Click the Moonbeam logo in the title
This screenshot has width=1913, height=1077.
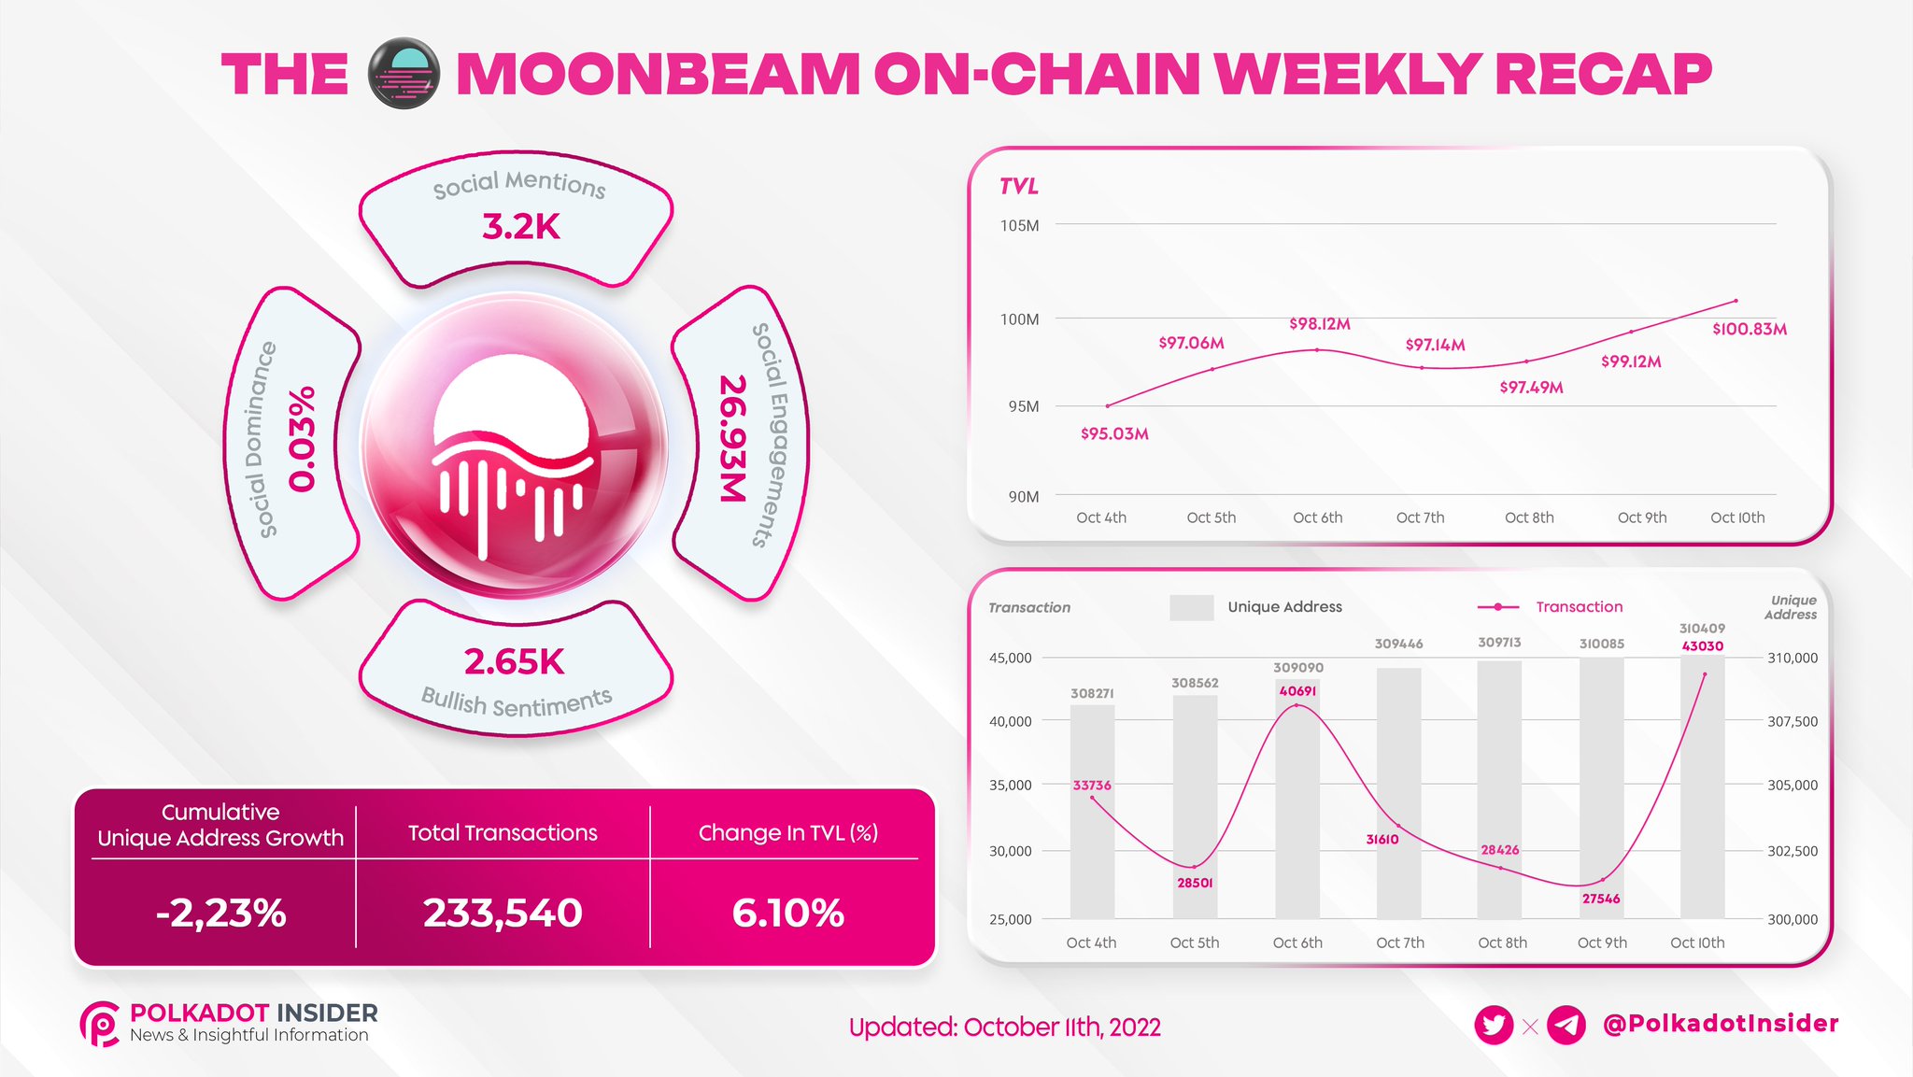click(404, 74)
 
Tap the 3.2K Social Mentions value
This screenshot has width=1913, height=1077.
click(520, 226)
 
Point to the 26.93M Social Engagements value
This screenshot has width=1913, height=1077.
click(734, 438)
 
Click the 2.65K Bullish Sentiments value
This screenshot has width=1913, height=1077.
click(515, 661)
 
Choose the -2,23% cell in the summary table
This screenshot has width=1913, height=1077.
click(220, 913)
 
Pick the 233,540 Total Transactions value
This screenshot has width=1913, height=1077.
click(503, 913)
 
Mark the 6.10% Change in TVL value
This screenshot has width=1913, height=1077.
click(787, 913)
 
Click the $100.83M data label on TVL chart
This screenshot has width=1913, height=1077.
click(1749, 329)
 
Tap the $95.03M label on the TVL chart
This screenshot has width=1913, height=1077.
click(1114, 433)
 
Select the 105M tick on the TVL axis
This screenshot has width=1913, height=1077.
click(1019, 225)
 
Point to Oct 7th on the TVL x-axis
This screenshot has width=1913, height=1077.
click(1420, 517)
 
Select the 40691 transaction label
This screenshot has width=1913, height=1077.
click(1297, 691)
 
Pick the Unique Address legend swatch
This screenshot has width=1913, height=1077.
click(1192, 607)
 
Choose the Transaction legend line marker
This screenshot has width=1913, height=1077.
click(1498, 607)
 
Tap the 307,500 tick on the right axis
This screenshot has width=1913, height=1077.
click(1793, 721)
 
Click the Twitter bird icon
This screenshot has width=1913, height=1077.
click(1494, 1026)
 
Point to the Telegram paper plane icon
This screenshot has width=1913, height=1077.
click(1566, 1026)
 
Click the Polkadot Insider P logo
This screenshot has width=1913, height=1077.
click(100, 1024)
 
